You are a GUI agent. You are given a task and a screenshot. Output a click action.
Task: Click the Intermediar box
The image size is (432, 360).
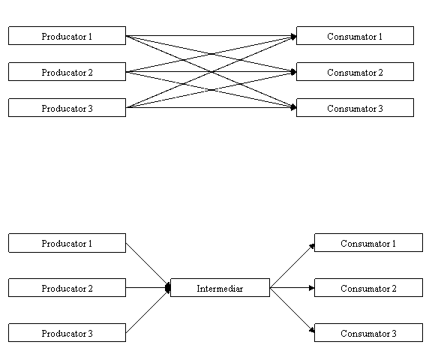pos(220,287)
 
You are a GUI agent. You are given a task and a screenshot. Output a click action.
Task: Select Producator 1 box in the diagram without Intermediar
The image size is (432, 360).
pos(67,35)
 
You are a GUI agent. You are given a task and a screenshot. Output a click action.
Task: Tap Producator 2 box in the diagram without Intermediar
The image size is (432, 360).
pos(67,71)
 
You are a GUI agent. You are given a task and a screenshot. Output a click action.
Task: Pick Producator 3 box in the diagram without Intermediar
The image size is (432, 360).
pos(67,108)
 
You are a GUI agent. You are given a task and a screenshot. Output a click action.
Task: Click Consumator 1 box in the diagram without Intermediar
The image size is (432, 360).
pos(355,35)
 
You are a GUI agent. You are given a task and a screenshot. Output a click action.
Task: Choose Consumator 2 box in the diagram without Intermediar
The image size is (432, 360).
pos(355,71)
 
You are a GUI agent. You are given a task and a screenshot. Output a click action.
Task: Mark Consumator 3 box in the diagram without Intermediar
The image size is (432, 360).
pos(355,108)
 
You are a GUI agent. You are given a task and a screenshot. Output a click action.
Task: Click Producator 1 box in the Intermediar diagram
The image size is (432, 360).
pos(67,243)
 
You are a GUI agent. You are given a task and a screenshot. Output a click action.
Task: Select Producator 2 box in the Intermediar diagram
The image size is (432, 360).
pos(67,287)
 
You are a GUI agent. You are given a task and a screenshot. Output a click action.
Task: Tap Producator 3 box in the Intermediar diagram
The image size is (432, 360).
pos(67,333)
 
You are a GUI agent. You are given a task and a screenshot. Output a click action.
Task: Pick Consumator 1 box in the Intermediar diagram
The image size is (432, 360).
pos(369,243)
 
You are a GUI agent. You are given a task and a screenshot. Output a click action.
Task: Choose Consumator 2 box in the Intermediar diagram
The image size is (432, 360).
pos(369,287)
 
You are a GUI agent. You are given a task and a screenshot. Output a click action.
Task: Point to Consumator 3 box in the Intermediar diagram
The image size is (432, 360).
pos(369,333)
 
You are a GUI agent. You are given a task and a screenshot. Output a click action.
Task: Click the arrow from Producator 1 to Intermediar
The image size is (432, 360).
pos(148,265)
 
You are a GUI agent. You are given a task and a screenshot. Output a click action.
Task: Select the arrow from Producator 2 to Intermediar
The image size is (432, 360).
pos(148,288)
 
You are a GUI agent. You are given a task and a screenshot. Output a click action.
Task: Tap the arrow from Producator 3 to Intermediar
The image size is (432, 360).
pos(148,310)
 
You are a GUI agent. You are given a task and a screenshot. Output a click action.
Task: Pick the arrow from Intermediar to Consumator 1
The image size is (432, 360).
pos(292,265)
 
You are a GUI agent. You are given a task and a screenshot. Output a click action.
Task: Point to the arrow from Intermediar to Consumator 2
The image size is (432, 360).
pos(292,288)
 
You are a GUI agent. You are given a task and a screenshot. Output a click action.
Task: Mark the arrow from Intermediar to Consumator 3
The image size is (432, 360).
pos(292,310)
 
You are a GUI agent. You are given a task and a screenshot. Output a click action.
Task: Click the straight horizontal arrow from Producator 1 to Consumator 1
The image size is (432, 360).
pos(211,35)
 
